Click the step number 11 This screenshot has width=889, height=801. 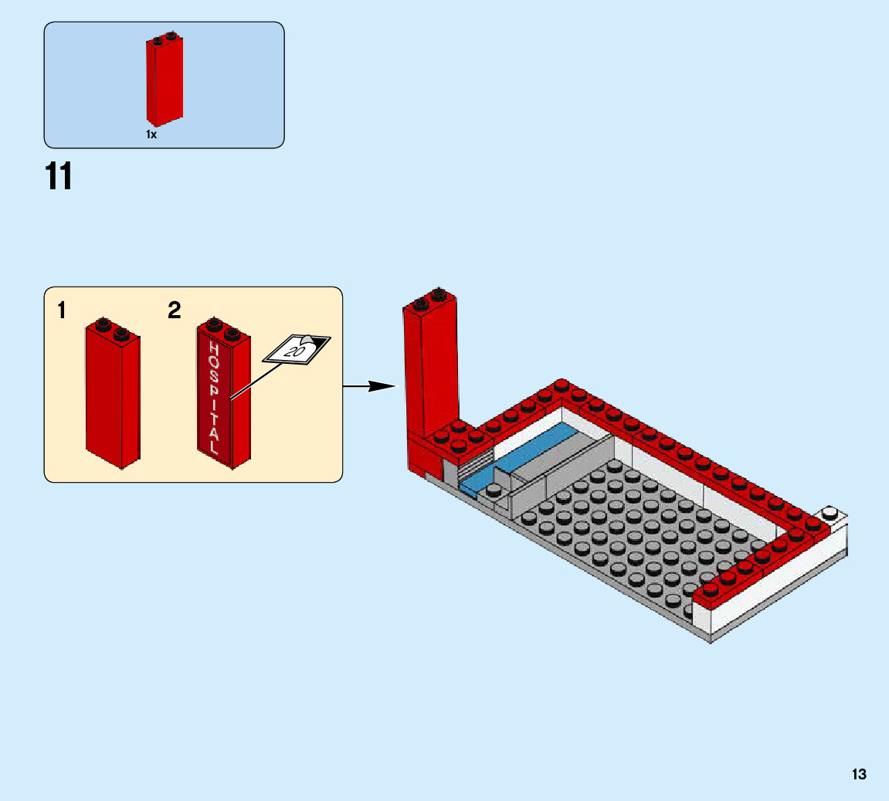(59, 176)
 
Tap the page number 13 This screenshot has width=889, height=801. (859, 775)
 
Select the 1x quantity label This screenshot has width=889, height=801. (151, 134)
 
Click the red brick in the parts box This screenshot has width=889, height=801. (164, 81)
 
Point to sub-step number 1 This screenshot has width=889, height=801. (61, 311)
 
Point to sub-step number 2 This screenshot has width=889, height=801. (175, 311)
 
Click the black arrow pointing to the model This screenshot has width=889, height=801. (369, 385)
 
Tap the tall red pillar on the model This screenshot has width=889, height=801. (429, 371)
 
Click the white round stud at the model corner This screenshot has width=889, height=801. (830, 513)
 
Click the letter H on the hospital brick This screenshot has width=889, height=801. (214, 348)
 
